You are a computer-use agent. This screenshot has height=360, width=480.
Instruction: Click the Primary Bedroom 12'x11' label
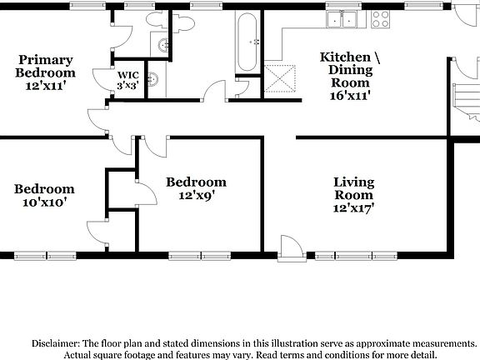pyautogui.click(x=46, y=72)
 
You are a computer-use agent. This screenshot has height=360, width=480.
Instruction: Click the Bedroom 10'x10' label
pyautogui.click(x=44, y=195)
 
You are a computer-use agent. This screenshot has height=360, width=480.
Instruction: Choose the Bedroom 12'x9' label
pyautogui.click(x=196, y=188)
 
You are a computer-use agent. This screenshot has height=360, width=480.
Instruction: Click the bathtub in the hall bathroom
pyautogui.click(x=248, y=41)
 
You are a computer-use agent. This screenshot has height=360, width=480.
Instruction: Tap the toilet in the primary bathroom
pyautogui.click(x=154, y=21)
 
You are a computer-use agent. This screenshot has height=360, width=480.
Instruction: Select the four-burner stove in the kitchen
pyautogui.click(x=382, y=18)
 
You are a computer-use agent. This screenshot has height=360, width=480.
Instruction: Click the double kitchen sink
pyautogui.click(x=342, y=18)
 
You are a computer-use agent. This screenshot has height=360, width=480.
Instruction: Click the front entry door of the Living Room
pyautogui.click(x=291, y=247)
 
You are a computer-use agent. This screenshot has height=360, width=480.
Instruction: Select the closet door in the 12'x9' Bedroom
pyautogui.click(x=145, y=193)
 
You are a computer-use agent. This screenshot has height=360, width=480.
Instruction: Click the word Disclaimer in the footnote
pyautogui.click(x=55, y=343)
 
